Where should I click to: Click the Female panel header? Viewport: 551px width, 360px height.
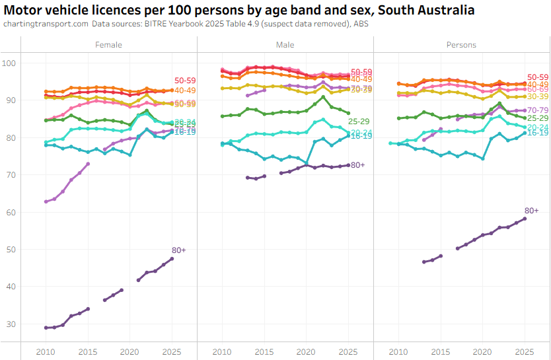pos(108,45)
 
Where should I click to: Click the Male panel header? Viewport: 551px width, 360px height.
pos(285,45)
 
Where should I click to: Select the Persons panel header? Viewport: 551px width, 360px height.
pos(461,45)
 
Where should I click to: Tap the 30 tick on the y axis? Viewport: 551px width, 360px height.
pos(11,324)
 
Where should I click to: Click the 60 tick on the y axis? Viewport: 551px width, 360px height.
pos(11,212)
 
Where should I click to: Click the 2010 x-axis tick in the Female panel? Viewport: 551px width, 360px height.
pos(46,350)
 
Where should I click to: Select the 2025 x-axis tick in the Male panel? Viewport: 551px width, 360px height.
pos(348,350)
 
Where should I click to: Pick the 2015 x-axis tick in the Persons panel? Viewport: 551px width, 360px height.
pos(441,350)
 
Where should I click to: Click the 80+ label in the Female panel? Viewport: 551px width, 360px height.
pos(178,250)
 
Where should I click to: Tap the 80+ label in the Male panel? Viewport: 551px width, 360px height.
pos(358,165)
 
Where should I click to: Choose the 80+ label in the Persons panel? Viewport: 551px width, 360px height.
pos(532,210)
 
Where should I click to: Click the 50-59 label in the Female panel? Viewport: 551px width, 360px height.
pos(185,81)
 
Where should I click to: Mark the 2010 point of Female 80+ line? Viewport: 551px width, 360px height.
pos(46,328)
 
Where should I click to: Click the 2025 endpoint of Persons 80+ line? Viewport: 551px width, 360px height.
pos(525,219)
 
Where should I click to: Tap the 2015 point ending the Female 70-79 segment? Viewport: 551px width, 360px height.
pos(88,164)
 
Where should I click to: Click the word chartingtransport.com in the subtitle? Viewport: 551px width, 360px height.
pos(46,24)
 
